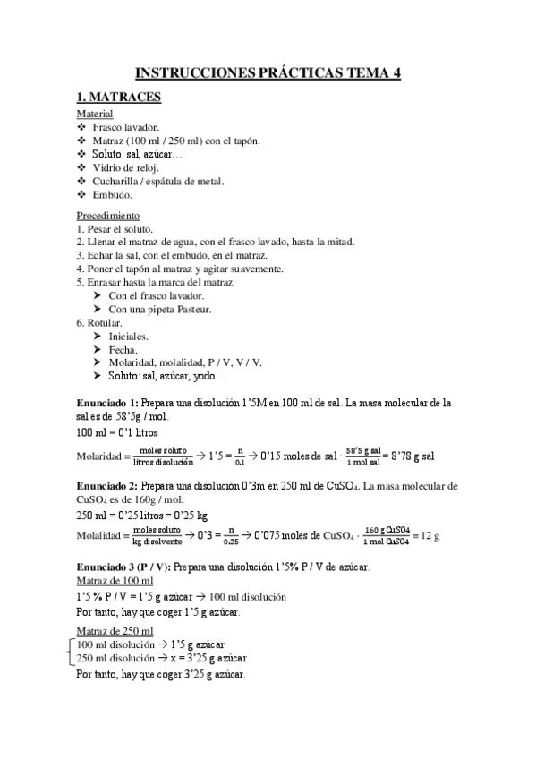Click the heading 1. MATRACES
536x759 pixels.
tap(118, 99)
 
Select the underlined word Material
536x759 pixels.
tap(95, 115)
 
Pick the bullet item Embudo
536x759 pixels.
tap(112, 193)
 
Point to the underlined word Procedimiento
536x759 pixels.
tap(107, 216)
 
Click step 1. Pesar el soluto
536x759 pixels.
tap(115, 229)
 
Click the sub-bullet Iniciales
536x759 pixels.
tap(129, 336)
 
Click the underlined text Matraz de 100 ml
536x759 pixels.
tap(115, 581)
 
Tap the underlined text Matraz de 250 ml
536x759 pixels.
tap(115, 632)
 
